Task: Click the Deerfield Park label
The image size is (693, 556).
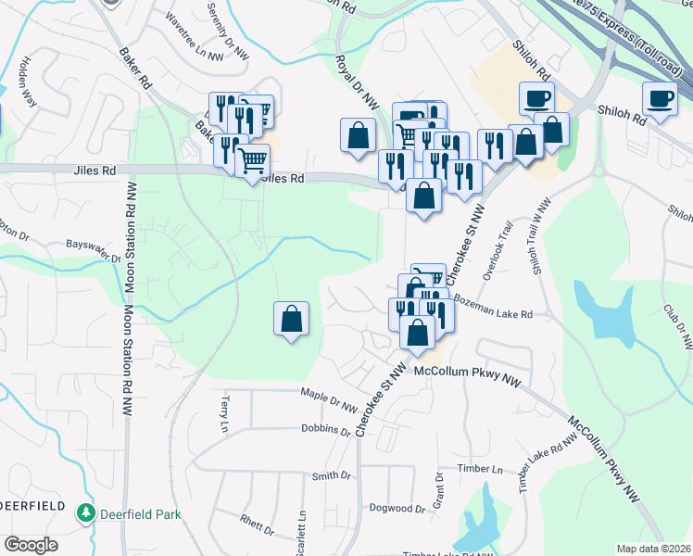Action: (x=142, y=513)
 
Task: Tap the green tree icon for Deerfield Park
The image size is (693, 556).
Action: (x=86, y=512)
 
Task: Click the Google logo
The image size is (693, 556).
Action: (x=31, y=545)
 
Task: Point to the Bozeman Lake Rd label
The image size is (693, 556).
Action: (x=496, y=314)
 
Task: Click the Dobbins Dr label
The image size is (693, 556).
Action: (x=326, y=430)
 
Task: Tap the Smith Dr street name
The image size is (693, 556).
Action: (x=332, y=475)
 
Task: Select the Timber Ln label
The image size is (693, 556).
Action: (x=483, y=470)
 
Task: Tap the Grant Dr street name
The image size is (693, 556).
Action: (x=439, y=489)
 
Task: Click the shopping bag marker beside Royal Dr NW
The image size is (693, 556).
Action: (x=359, y=135)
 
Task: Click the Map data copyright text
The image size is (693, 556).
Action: (x=654, y=549)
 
